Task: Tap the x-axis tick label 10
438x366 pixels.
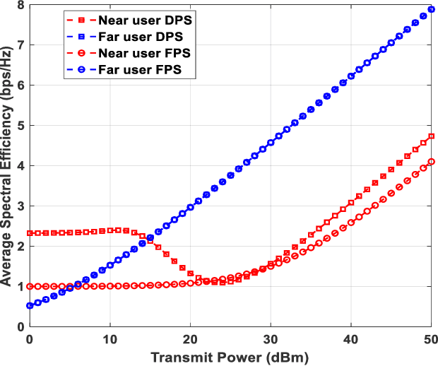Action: tap(109, 338)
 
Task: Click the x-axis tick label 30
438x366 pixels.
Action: tap(270, 338)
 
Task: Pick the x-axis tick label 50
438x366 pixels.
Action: tap(430, 338)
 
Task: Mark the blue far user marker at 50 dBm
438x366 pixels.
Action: tap(431, 9)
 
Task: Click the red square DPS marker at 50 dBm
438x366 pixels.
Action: tap(431, 136)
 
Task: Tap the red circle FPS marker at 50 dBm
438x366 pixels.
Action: tap(431, 162)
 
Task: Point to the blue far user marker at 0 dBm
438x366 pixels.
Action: tap(30, 306)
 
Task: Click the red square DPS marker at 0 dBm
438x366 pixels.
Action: tap(30, 233)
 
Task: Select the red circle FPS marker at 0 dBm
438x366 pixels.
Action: tap(30, 286)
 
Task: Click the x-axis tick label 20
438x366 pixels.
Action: tap(190, 338)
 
